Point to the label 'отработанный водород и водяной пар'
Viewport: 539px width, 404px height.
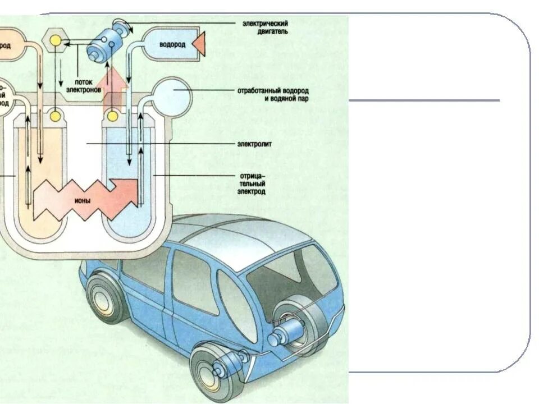[272, 94]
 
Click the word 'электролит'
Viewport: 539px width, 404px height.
[257, 144]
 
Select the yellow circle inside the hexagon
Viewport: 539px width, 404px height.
[56, 40]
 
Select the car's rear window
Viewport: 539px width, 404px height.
[292, 278]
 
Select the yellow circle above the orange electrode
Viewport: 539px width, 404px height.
[56, 116]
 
